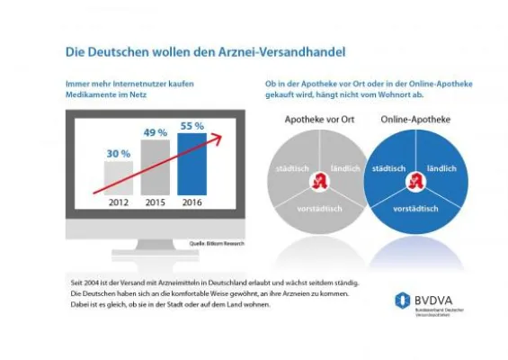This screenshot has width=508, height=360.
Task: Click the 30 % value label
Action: [x=119, y=154]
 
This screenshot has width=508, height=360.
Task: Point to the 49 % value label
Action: [x=155, y=133]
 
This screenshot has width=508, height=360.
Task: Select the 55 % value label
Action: [x=191, y=125]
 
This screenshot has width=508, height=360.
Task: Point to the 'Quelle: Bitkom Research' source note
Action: [x=216, y=243]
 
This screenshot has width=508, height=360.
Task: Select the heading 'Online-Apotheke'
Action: [x=415, y=118]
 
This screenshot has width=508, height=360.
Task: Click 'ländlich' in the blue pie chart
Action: [x=441, y=168]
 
